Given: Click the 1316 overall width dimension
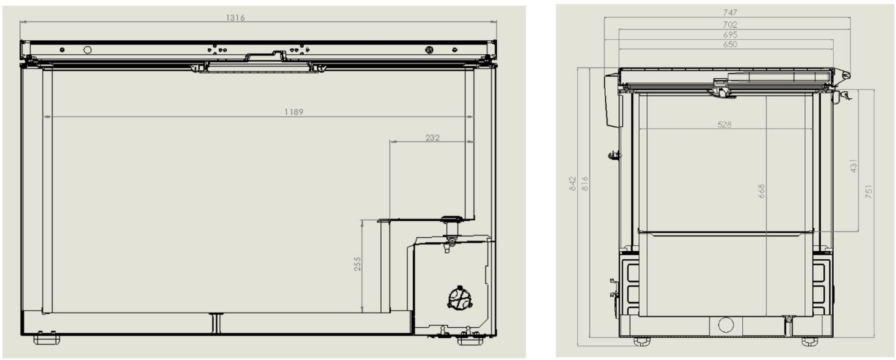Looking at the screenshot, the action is point(235,18).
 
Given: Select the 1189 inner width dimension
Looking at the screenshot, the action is point(294,112).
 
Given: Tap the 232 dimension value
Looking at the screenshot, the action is point(432,138).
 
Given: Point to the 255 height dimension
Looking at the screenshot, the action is point(357,264).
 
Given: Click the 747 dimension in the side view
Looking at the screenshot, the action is point(730,13).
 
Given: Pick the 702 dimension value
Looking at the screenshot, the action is point(730,25).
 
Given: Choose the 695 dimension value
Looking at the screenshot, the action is point(730,34).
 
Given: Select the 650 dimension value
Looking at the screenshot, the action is point(730,44).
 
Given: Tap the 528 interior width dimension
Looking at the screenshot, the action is point(724,124).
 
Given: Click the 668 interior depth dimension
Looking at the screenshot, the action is point(761,191).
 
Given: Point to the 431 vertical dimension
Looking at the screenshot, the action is point(853,166).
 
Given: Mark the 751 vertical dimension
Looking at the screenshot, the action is point(869,192).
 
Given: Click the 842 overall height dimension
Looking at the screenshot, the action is point(573,184).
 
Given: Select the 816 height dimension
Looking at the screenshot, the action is point(584,184).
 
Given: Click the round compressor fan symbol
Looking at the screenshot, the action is point(460,298).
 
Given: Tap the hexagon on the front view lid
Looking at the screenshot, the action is point(87,50).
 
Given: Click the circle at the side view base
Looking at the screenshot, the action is point(726,325).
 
